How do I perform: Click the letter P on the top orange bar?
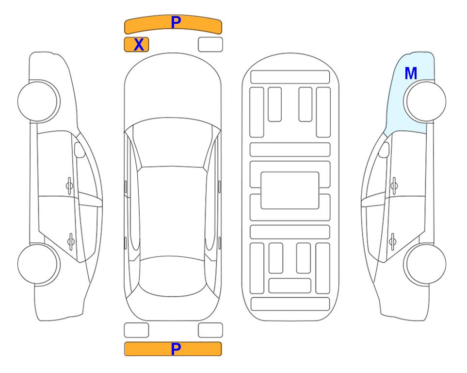pyautogui.click(x=176, y=22)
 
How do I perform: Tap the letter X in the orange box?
pyautogui.click(x=139, y=45)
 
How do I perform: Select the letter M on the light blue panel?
pyautogui.click(x=411, y=73)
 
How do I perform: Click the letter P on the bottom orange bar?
pyautogui.click(x=176, y=349)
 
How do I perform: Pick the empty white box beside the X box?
pyautogui.click(x=210, y=45)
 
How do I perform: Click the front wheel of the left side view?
pyautogui.click(x=39, y=101)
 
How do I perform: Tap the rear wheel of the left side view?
pyautogui.click(x=39, y=264)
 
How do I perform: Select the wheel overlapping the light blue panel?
pyautogui.click(x=425, y=101)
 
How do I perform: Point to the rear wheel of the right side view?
pyautogui.click(x=425, y=264)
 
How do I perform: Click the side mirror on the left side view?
pyautogui.click(x=80, y=150)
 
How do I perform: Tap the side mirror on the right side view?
pyautogui.click(x=384, y=150)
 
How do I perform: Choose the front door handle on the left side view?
pyautogui.click(x=69, y=186)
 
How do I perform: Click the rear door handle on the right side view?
pyautogui.click(x=393, y=241)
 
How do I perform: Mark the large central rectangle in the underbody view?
pyautogui.click(x=290, y=190)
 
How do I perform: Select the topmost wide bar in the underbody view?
pyautogui.click(x=290, y=77)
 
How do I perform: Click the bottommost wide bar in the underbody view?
pyautogui.click(x=290, y=304)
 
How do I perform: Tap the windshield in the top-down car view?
pyautogui.click(x=173, y=143)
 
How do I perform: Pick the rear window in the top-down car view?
pyautogui.click(x=173, y=276)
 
